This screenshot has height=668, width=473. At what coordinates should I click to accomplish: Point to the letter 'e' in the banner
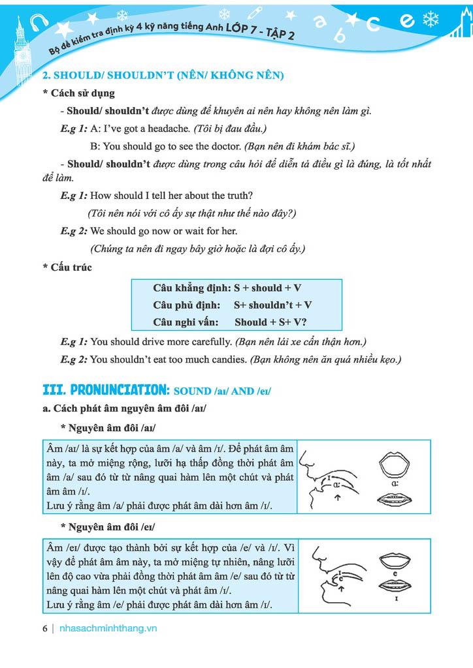(x=408, y=20)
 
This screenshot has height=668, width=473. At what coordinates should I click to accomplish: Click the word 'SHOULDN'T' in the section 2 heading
(x=133, y=76)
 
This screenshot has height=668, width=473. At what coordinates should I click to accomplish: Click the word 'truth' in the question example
(x=240, y=196)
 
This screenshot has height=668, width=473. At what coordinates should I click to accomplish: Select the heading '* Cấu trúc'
(x=67, y=267)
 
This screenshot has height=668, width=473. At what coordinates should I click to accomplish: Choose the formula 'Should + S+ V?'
(x=270, y=322)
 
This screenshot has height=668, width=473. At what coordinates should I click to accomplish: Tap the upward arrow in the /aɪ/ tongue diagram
(x=337, y=498)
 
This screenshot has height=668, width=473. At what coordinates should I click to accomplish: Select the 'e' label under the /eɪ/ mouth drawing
(x=397, y=573)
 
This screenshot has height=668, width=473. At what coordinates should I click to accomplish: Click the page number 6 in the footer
(x=44, y=629)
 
